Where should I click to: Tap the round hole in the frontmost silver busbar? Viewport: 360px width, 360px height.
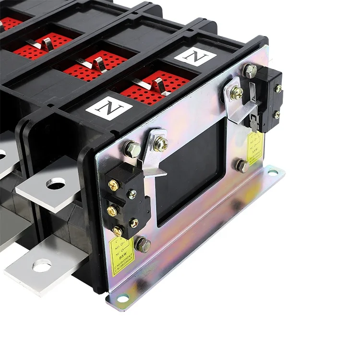tap(42, 265)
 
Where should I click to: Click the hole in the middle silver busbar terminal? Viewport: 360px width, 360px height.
tap(57, 183)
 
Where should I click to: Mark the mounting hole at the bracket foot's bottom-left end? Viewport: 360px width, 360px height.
tap(122, 300)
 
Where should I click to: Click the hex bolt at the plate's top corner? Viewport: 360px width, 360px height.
tap(250, 71)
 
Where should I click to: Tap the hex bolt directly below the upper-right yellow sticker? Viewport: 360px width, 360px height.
tap(242, 166)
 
